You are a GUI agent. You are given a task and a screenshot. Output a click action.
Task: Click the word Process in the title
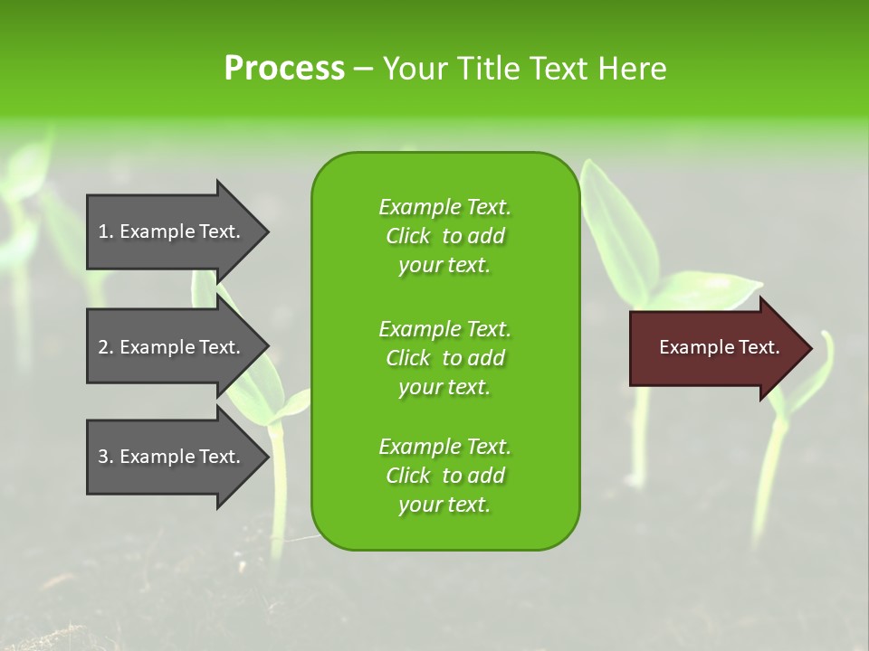(284, 68)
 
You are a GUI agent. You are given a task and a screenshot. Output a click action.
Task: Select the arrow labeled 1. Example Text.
(172, 231)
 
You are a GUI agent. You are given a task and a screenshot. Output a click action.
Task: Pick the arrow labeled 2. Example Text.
(172, 347)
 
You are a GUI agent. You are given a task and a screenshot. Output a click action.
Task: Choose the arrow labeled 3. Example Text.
(172, 457)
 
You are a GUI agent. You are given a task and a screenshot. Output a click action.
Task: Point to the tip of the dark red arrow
(810, 348)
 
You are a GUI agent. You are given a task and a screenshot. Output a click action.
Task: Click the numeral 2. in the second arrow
(106, 347)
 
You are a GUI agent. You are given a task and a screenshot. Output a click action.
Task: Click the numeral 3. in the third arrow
(106, 457)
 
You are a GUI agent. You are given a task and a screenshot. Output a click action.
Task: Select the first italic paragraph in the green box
(444, 236)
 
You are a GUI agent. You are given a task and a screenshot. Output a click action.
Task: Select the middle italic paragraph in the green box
(444, 358)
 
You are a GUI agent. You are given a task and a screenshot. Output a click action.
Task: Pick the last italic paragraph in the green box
(444, 476)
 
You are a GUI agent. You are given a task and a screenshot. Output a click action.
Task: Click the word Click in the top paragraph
(407, 236)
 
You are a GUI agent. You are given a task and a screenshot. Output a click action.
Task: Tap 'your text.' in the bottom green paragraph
(444, 505)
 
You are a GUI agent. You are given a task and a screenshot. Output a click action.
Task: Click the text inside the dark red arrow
(720, 347)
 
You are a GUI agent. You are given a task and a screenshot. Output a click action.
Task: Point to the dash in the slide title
(363, 69)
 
